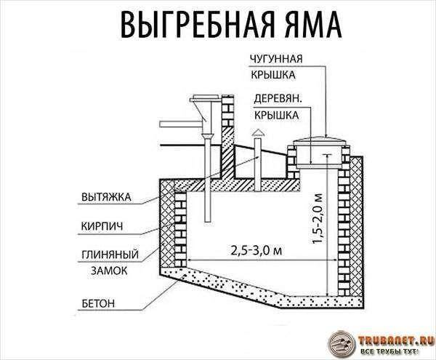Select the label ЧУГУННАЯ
276,59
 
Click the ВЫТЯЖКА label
106,197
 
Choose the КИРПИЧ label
102,226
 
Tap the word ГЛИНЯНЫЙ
110,255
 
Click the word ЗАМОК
109,271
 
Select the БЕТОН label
98,303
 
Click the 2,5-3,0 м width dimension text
257,250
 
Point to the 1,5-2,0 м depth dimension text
318,218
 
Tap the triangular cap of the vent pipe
258,133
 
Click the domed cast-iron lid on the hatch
320,139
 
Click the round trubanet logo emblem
342,345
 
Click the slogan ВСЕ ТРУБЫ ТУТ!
389,351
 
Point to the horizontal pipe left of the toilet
180,124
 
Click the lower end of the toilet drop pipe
207,221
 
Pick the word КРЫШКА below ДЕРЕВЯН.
276,115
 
